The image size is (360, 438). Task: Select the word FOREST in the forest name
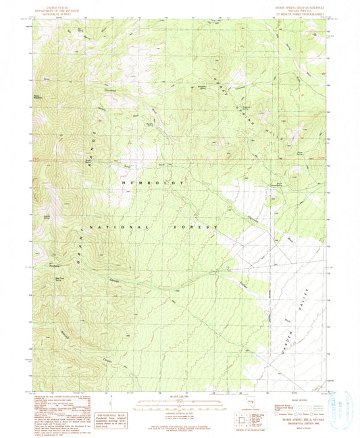195,228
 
